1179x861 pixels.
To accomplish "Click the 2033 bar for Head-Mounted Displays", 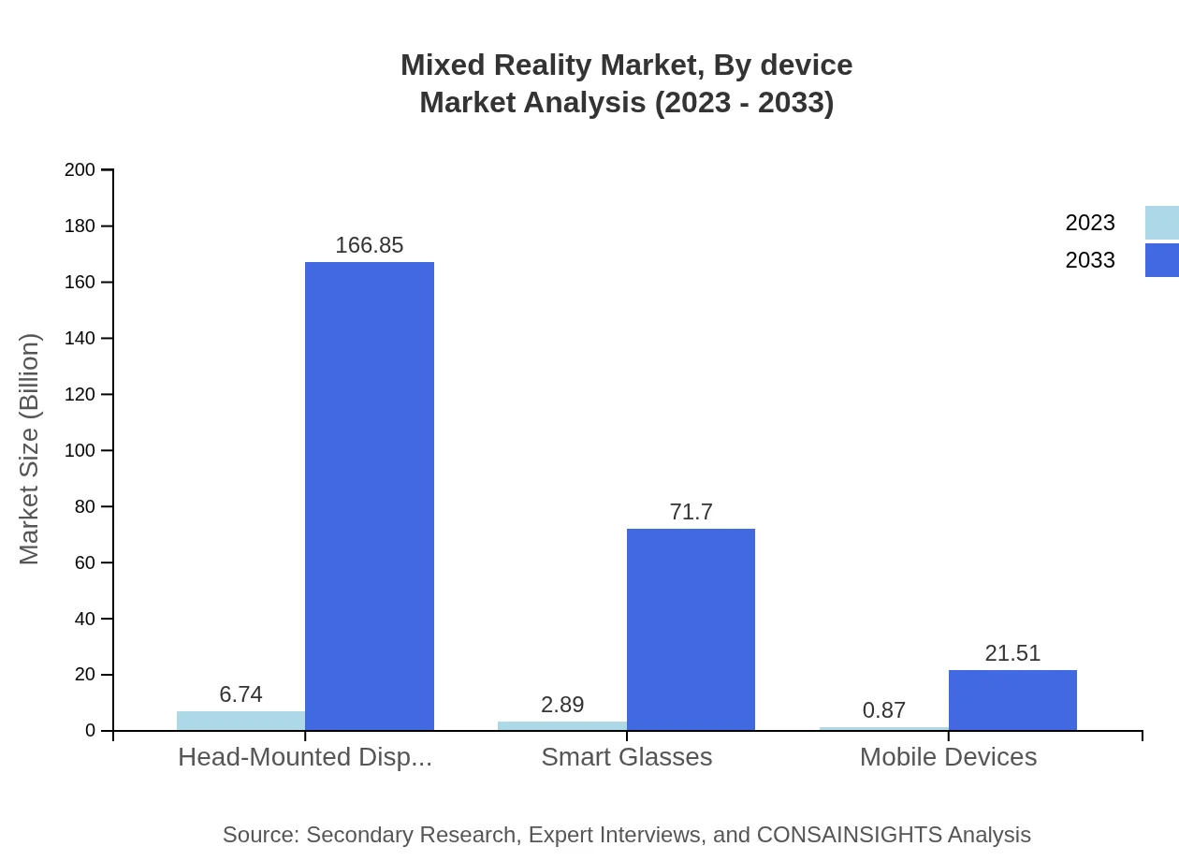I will tap(370, 496).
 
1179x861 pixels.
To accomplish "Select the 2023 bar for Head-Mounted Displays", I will tap(240, 721).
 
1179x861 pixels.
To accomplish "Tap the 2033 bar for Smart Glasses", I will tap(691, 629).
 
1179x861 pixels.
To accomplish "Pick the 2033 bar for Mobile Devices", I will tap(1012, 700).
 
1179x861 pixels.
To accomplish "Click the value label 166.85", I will tap(370, 245).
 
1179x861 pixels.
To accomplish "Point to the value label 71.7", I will tap(691, 512).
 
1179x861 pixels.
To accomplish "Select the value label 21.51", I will tap(1012, 653).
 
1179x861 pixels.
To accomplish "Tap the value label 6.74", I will tap(240, 694).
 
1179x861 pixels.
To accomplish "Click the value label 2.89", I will tap(562, 705).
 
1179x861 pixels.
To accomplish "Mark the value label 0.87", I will tap(884, 710).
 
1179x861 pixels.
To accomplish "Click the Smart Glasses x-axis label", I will tap(627, 756).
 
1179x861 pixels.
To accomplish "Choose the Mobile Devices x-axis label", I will tap(948, 756).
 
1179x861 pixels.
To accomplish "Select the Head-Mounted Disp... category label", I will tap(305, 756).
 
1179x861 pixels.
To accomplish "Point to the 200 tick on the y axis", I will tap(80, 169).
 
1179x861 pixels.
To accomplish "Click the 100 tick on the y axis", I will tap(80, 450).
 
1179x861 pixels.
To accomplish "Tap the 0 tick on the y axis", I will tap(91, 731).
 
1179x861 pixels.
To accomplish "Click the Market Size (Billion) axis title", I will tap(29, 449).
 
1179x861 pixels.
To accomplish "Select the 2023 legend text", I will tap(1090, 223).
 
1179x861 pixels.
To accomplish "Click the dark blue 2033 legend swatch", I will tap(1161, 260).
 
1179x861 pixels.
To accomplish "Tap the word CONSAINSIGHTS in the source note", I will tap(849, 835).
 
